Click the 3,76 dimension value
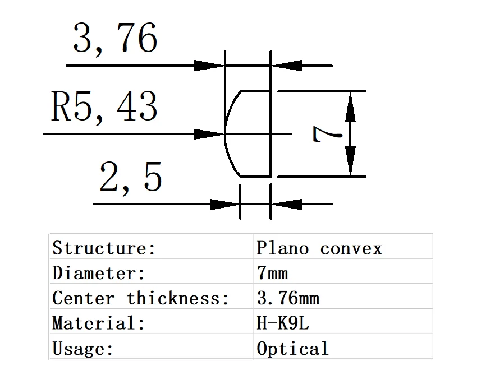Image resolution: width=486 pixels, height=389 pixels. click(x=115, y=39)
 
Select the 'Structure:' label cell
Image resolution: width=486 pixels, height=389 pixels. click(x=104, y=248)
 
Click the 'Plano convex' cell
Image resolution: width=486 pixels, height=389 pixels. click(x=319, y=248)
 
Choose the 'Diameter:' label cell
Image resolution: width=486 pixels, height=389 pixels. click(x=99, y=273)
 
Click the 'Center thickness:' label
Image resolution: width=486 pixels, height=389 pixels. click(x=140, y=298)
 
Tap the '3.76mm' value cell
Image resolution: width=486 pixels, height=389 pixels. click(x=288, y=298)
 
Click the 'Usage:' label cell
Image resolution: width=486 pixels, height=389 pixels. click(x=83, y=349)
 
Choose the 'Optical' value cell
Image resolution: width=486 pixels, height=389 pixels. click(x=292, y=349)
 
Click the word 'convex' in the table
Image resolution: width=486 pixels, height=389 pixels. click(x=351, y=248)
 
